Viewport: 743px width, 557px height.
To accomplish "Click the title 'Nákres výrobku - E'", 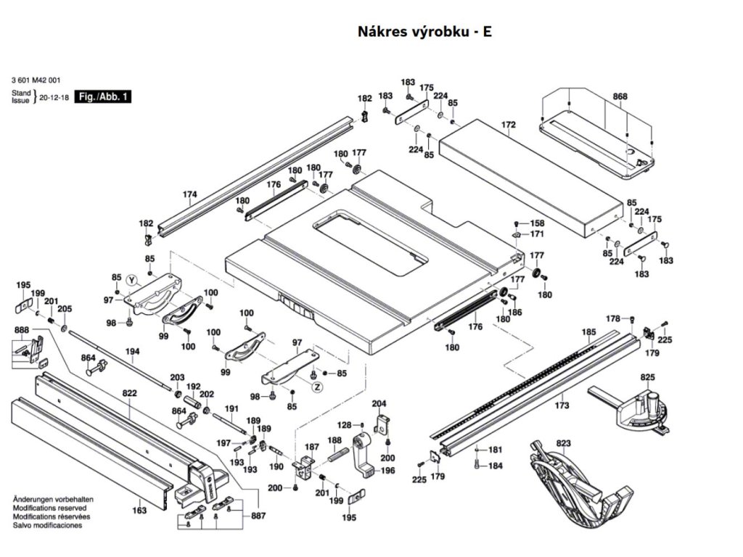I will click(425, 32).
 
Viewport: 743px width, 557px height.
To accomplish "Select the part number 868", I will click(620, 96).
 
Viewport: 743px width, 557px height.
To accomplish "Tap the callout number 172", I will click(508, 125).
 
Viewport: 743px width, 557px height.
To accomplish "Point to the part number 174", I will click(189, 194).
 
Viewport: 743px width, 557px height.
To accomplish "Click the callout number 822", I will click(129, 392).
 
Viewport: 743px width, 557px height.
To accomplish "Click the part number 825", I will click(647, 377).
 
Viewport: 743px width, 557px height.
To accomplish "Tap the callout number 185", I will click(588, 332).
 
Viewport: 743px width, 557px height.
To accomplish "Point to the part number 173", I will click(562, 405).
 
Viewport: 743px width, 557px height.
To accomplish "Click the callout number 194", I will click(132, 351).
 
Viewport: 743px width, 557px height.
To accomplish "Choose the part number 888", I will click(22, 330).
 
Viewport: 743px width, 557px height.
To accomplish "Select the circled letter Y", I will click(131, 280).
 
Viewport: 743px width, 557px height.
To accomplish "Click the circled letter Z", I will click(317, 388).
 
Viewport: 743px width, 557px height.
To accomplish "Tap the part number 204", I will click(379, 403).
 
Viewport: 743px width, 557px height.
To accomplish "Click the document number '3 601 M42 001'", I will click(36, 81).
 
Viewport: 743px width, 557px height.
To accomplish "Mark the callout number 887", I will click(258, 516).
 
